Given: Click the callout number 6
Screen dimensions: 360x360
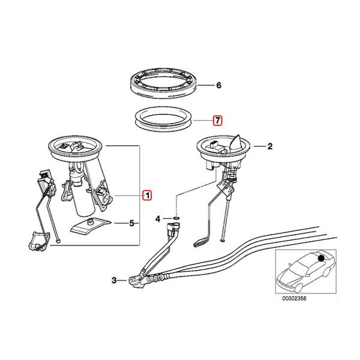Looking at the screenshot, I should (218, 86).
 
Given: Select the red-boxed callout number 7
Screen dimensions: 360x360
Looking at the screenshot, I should (218, 120).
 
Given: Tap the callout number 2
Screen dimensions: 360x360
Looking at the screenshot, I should (270, 146).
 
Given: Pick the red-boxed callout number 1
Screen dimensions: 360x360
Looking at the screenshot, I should (147, 194).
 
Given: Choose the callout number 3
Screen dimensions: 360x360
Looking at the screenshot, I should (115, 280).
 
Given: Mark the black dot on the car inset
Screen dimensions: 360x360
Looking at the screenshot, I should (322, 259).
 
